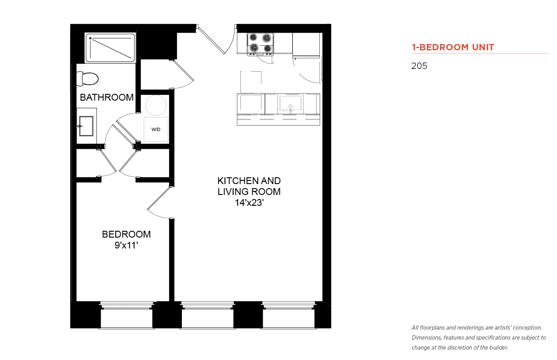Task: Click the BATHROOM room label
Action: tap(107, 97)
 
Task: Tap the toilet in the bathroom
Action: tap(87, 78)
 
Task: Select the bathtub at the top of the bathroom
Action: tap(110, 48)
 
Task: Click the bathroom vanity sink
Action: tap(86, 126)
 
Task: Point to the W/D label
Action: tap(156, 129)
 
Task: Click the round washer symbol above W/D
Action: tap(156, 105)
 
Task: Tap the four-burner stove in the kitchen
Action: tap(260, 44)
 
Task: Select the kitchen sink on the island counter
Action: tap(290, 103)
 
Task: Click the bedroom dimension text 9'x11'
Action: tap(126, 245)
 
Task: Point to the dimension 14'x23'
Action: tap(249, 203)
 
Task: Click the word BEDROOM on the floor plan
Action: tap(126, 234)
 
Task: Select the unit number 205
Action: tap(419, 66)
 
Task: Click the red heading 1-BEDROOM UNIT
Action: tap(453, 47)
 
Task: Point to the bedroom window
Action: tap(127, 315)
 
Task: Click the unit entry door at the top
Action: tap(211, 40)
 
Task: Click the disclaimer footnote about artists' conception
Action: tap(479, 338)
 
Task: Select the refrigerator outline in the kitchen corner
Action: tap(306, 45)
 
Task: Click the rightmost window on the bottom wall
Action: tap(288, 315)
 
